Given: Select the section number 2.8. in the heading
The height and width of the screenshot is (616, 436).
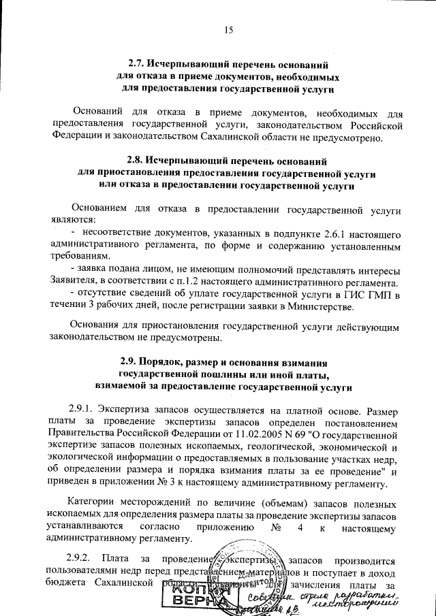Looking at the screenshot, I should pos(138,162).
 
